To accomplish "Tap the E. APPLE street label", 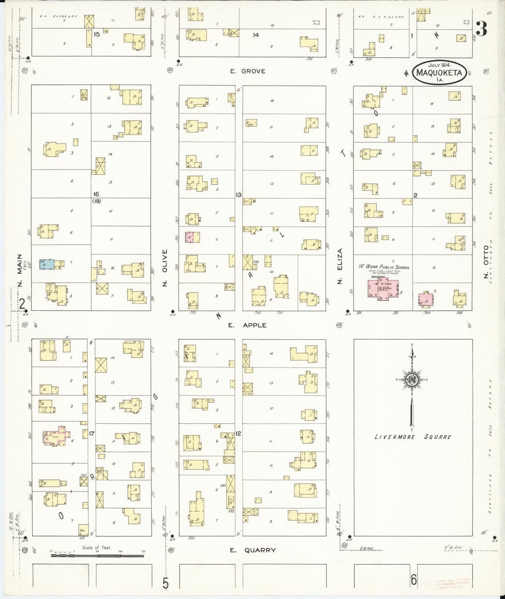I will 247,325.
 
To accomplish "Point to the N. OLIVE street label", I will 165,268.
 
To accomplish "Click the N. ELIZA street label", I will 339,265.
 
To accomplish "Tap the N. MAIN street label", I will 20,270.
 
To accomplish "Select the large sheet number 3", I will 481,29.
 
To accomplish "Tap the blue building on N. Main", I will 46,264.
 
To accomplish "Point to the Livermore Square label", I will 413,437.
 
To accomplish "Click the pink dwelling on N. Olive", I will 189,237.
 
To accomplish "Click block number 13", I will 238,195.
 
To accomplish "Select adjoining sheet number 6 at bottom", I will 413,580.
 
